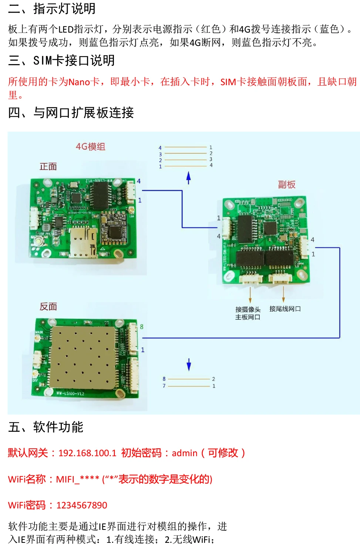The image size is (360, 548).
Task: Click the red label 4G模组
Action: pos(91,147)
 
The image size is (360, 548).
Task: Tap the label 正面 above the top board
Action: pos(48,167)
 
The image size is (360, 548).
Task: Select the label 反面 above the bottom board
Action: pos(48,307)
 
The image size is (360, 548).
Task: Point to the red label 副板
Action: pos(286,184)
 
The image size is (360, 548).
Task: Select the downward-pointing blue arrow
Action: pos(189,364)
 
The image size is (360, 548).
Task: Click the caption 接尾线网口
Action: pos(285,309)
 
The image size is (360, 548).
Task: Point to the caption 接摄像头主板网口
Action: pos(248,313)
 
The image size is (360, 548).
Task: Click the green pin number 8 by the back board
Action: pos(142,327)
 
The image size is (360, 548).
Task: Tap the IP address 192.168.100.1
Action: pos(87,453)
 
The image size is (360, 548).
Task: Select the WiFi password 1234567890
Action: pos(82,505)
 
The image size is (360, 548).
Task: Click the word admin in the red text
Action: pos(184,453)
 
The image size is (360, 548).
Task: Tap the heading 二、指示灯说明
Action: pos(52,9)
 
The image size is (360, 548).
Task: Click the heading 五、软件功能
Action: pos(46,427)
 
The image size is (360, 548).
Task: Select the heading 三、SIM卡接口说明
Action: pos(61,60)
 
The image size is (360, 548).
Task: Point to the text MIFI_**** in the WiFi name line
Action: pos(77,479)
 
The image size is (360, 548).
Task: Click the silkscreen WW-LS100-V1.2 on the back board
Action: pos(70,393)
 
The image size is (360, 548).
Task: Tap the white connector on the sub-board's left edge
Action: pos(226,227)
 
